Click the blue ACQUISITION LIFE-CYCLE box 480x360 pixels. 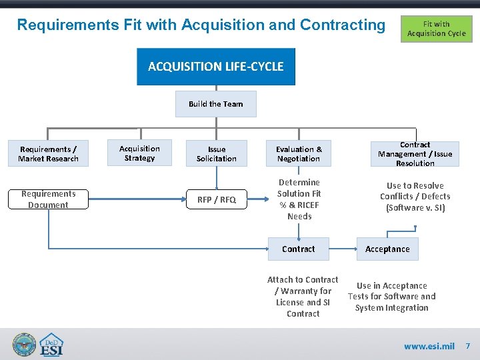click(x=215, y=67)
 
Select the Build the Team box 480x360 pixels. click(x=215, y=104)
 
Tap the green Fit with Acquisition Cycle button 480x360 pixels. click(x=436, y=29)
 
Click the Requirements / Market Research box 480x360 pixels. click(x=49, y=154)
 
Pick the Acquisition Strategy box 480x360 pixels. click(x=139, y=153)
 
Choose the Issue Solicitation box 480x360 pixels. click(x=217, y=154)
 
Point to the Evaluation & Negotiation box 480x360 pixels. click(x=299, y=154)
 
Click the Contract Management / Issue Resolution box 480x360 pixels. click(x=415, y=154)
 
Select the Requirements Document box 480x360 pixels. click(x=48, y=199)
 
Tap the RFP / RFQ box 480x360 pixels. click(x=217, y=199)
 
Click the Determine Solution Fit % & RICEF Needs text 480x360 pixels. click(x=299, y=199)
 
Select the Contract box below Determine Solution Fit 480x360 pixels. click(x=299, y=249)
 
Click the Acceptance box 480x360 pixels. click(x=387, y=249)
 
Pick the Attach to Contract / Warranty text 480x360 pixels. click(x=303, y=297)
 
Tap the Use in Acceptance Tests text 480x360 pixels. click(x=391, y=297)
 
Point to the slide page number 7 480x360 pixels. click(x=468, y=346)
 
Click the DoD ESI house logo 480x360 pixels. click(x=52, y=345)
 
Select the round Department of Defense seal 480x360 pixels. click(x=24, y=345)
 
